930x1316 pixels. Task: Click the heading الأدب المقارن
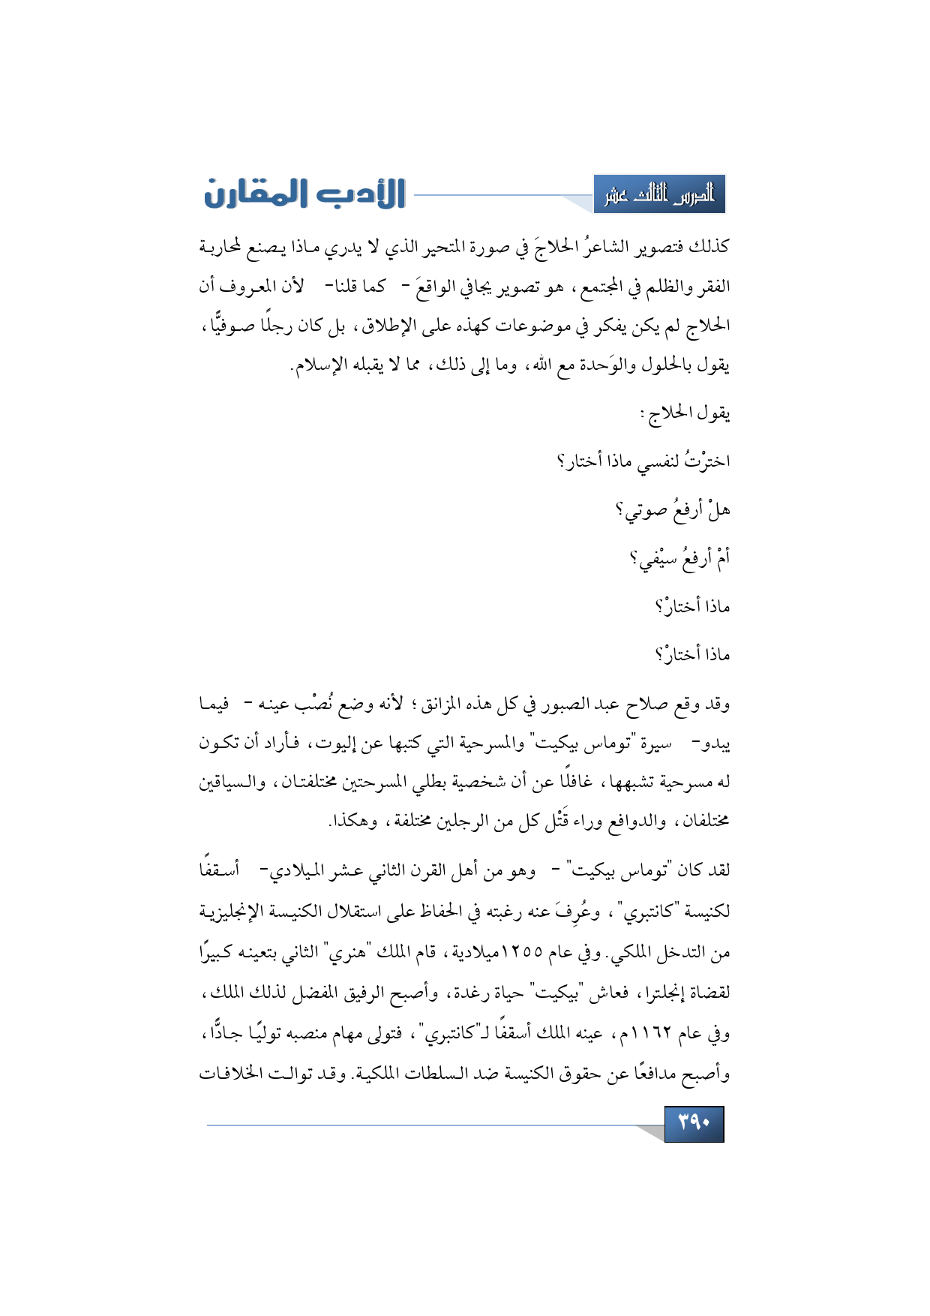pyautogui.click(x=305, y=194)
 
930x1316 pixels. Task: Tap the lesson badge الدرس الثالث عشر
pyautogui.click(x=659, y=195)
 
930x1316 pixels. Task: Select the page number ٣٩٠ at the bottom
pyautogui.click(x=694, y=1123)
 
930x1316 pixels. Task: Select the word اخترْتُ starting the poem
pyautogui.click(x=704, y=461)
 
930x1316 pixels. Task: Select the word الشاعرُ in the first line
pyautogui.click(x=608, y=246)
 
